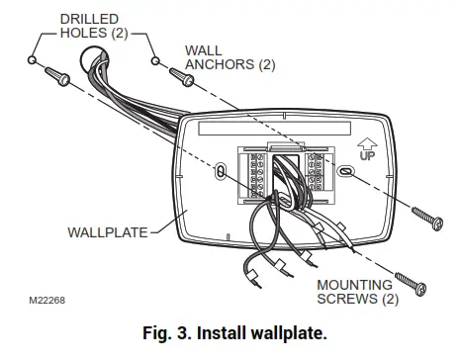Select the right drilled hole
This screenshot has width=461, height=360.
pos(155,61)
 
